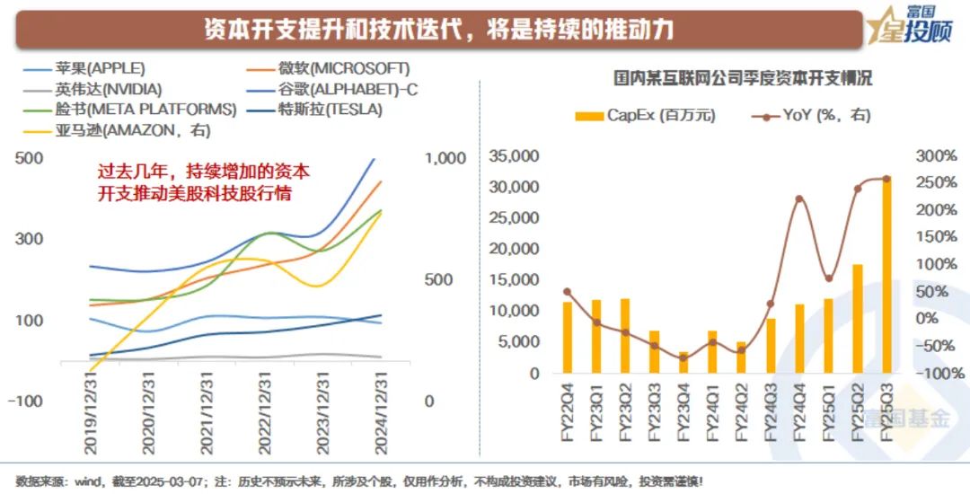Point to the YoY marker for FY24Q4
click(x=799, y=198)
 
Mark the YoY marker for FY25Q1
click(x=828, y=278)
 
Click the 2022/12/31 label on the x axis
click(x=261, y=409)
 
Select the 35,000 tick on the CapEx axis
click(x=514, y=156)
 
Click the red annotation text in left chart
click(x=205, y=181)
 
